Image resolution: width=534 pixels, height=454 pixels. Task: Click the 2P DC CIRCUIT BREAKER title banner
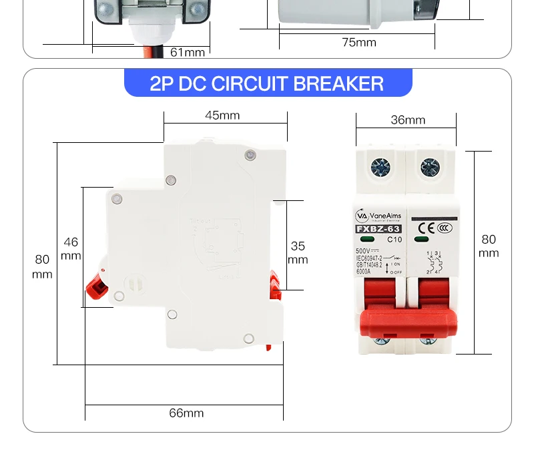pyautogui.click(x=267, y=83)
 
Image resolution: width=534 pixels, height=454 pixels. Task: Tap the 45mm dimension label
pyautogui.click(x=222, y=116)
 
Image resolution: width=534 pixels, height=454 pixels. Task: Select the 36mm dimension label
pyautogui.click(x=407, y=120)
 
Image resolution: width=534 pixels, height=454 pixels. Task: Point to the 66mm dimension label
pyautogui.click(x=186, y=413)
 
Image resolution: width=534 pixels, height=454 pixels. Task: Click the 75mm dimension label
pyautogui.click(x=359, y=43)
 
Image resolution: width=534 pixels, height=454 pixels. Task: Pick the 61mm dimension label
pyautogui.click(x=188, y=52)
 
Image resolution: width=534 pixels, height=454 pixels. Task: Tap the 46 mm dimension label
pyautogui.click(x=71, y=248)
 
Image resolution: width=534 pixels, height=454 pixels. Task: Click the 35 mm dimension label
pyautogui.click(x=298, y=252)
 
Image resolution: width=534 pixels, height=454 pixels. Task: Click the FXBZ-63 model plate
pyautogui.click(x=378, y=230)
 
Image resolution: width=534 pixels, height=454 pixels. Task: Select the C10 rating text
pyautogui.click(x=394, y=240)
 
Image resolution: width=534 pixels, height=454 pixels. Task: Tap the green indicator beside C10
pyautogui.click(x=366, y=240)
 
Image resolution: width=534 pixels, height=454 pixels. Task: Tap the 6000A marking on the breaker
pyautogui.click(x=364, y=272)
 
